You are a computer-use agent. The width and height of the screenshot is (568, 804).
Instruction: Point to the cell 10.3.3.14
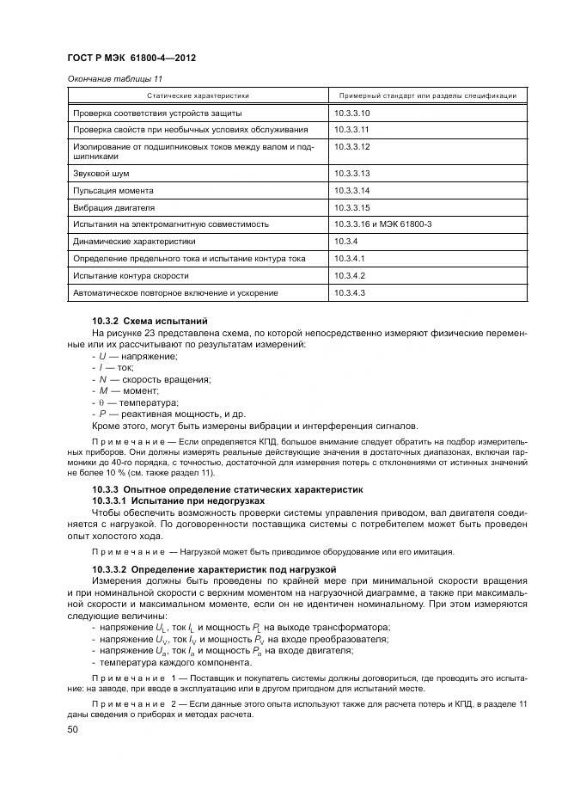tap(351, 190)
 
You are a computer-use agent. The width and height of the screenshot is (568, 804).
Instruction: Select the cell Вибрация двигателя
tap(113, 207)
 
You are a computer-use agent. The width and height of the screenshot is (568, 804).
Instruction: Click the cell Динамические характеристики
tap(134, 242)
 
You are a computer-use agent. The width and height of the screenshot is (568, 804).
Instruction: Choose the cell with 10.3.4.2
tap(350, 275)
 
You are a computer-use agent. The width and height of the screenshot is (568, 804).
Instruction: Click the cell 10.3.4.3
tap(350, 293)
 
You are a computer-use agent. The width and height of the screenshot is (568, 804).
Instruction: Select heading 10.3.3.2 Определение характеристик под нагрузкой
tap(214, 569)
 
